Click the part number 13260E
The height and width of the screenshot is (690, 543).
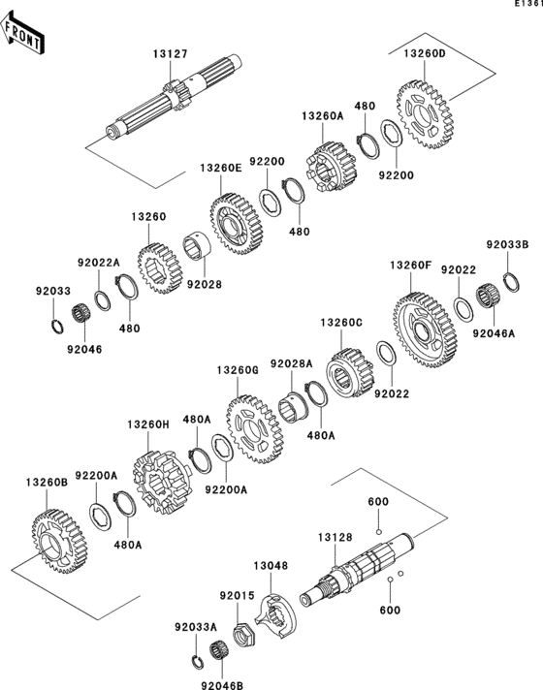tap(220, 168)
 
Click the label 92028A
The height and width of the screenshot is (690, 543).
tap(292, 363)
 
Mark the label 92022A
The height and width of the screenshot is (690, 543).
tap(99, 262)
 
